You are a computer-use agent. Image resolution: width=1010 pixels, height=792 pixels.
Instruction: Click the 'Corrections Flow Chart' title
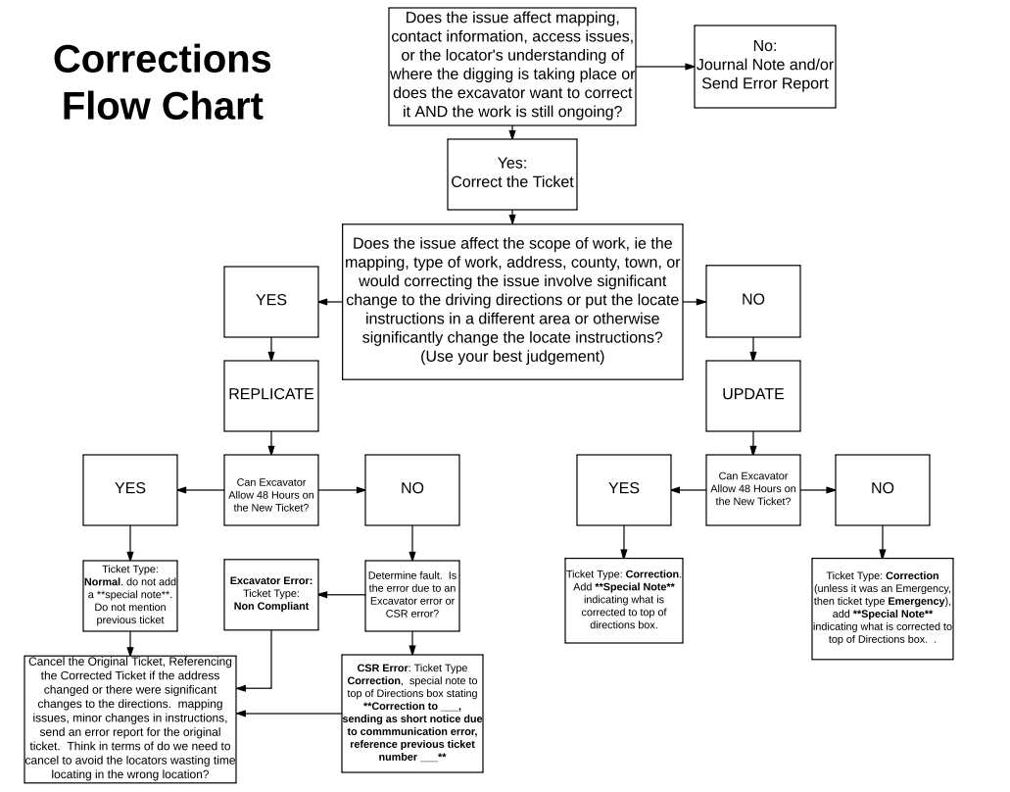(162, 82)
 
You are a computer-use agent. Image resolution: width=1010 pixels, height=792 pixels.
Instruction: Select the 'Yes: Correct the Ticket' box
(511, 173)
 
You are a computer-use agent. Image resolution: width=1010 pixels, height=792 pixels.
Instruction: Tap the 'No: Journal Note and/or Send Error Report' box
(764, 66)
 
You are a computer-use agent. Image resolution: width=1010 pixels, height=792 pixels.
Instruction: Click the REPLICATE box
(270, 395)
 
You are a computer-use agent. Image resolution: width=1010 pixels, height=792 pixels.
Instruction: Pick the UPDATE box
(752, 395)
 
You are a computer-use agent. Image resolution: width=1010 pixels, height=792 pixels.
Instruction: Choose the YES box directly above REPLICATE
(270, 301)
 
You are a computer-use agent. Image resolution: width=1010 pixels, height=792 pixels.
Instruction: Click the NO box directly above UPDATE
(752, 301)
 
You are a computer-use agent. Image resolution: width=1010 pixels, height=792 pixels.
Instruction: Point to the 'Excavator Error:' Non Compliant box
(270, 594)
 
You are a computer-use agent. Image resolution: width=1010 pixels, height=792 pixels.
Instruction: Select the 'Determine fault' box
(411, 594)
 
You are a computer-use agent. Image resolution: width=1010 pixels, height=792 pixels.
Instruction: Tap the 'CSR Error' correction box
(411, 716)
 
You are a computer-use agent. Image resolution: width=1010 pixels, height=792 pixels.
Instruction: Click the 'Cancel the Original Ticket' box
(130, 718)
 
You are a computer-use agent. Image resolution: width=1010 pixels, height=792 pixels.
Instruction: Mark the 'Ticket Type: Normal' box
(129, 594)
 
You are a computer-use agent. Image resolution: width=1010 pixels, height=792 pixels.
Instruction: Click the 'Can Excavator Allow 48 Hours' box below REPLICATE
(270, 489)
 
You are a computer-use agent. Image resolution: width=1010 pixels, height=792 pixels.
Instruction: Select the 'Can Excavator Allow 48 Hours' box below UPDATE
(752, 489)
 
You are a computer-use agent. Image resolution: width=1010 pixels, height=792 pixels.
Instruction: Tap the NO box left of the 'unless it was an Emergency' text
(882, 489)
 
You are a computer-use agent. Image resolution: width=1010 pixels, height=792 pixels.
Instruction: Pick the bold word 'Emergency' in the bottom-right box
(916, 601)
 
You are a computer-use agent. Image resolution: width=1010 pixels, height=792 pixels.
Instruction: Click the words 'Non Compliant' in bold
(270, 607)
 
